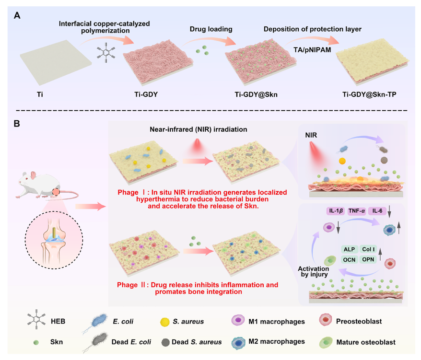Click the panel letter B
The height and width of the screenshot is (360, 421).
click(17, 124)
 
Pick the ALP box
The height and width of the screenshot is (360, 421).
click(350, 249)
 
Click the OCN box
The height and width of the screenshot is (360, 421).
click(350, 259)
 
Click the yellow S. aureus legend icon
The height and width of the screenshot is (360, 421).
click(164, 321)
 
